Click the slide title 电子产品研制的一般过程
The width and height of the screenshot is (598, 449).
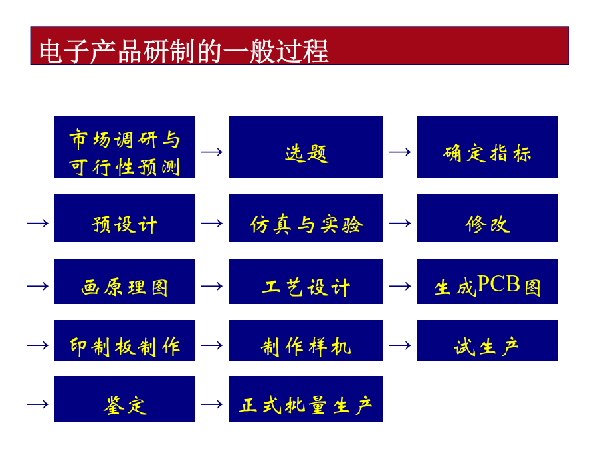183,51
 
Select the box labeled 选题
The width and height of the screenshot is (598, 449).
306,148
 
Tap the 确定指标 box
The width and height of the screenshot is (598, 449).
487,148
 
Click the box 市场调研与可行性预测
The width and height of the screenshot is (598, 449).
124,148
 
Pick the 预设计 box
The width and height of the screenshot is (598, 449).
124,218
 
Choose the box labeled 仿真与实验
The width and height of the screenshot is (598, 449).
306,218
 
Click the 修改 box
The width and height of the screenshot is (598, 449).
487,218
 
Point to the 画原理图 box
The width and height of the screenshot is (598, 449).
124,281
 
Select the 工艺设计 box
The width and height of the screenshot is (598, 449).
306,281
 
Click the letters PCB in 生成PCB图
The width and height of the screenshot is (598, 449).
498,283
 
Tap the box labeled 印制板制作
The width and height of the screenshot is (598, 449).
124,340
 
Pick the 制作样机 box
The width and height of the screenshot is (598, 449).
306,340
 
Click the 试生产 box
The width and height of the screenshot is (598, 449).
487,340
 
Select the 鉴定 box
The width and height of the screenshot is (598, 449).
124,399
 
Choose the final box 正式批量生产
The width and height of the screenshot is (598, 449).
306,399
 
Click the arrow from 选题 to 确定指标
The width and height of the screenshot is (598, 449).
400,152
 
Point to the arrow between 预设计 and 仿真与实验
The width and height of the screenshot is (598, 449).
212,223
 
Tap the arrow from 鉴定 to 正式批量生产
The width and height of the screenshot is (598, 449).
212,404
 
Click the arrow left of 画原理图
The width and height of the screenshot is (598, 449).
37,286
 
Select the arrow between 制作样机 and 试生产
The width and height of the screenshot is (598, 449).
400,345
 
